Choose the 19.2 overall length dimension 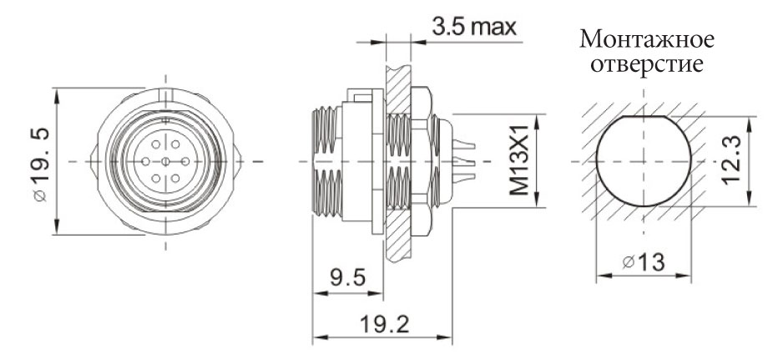[x=382, y=323]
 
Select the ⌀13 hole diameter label [x=644, y=263]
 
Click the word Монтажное [x=649, y=39]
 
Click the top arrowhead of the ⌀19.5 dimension [x=57, y=91]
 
